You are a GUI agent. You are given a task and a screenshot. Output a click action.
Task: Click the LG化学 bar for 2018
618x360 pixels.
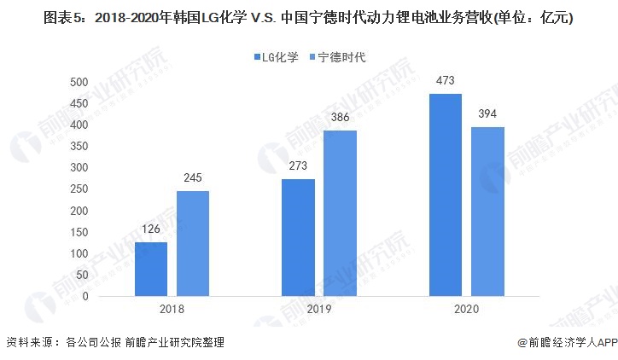pos(151,269)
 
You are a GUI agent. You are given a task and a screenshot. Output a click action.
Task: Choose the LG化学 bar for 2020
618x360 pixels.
pos(445,195)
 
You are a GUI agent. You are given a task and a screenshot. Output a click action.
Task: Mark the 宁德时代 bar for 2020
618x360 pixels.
pos(487,211)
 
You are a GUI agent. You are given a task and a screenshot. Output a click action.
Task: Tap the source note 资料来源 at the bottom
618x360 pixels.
pos(115,342)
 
